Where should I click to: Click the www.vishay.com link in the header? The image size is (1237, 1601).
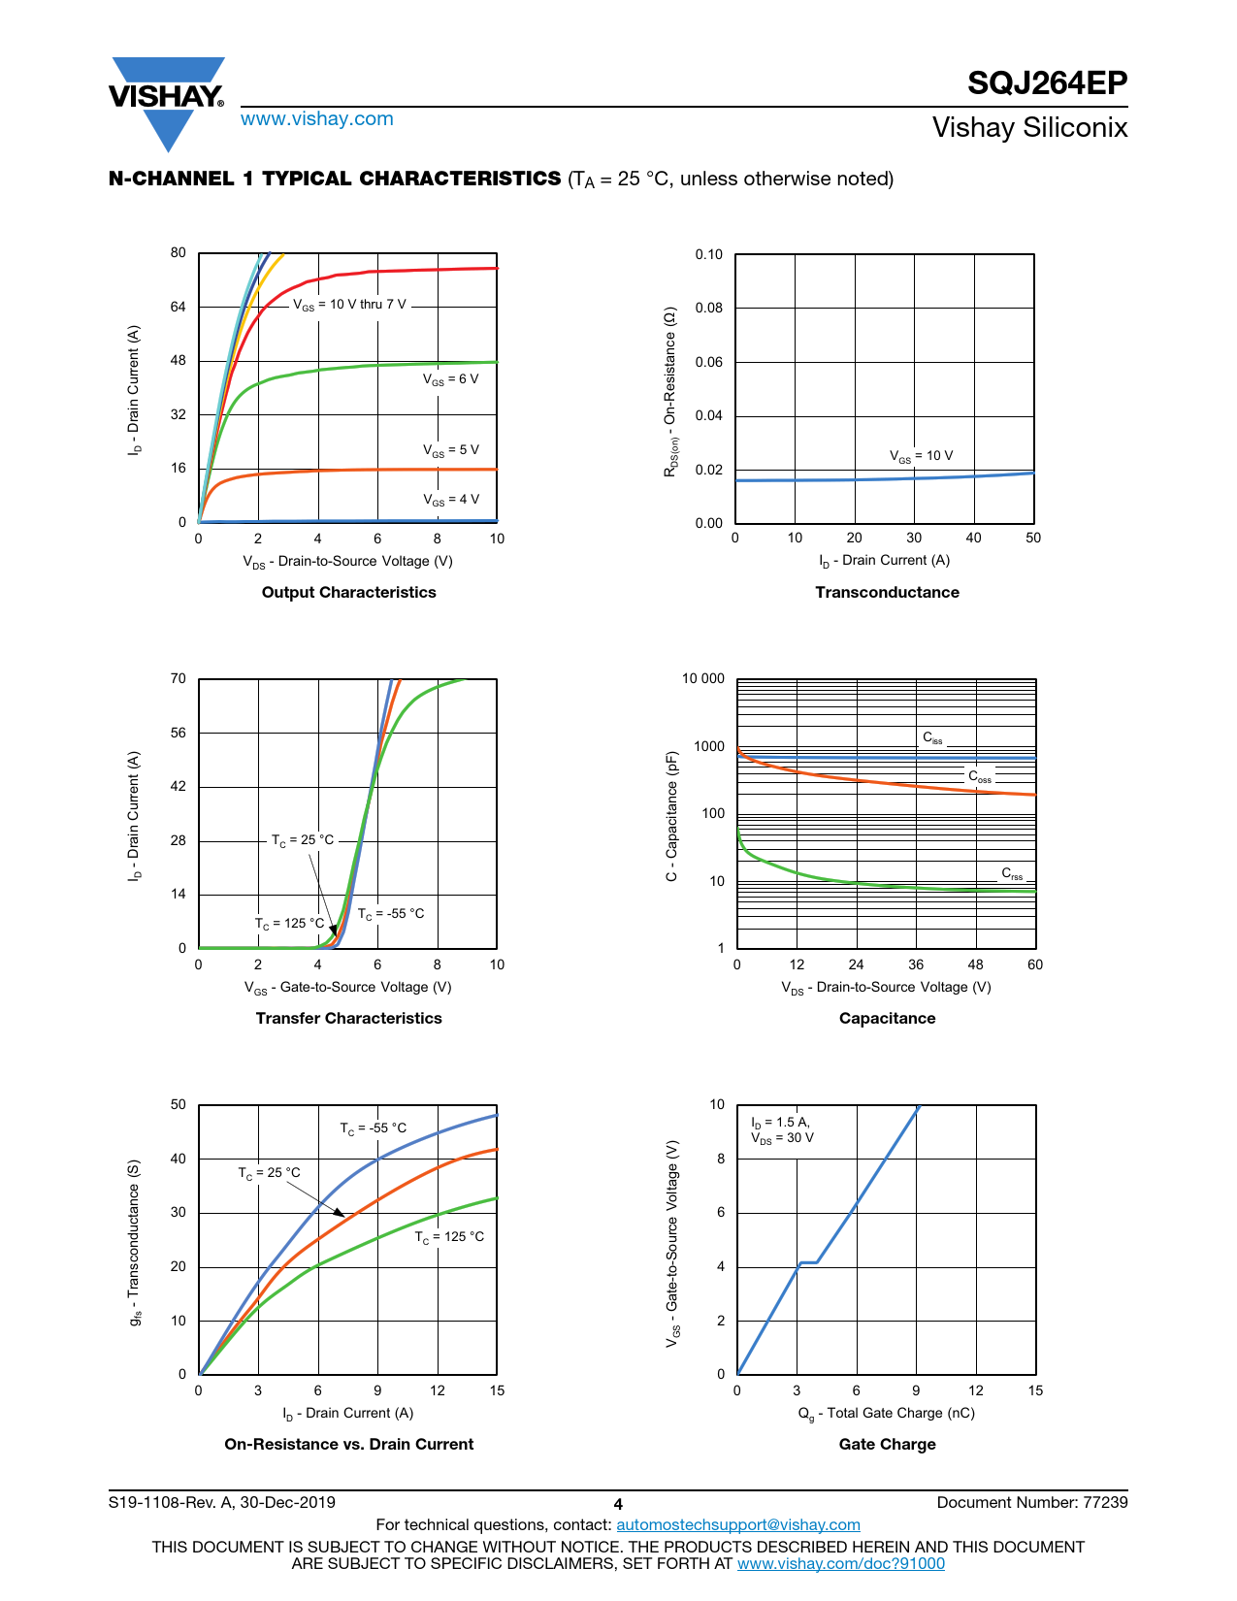(x=317, y=119)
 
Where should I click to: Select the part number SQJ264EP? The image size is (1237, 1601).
(x=1047, y=83)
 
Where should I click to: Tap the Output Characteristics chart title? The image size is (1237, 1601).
(x=348, y=593)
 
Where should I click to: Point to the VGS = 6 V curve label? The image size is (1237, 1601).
(x=451, y=379)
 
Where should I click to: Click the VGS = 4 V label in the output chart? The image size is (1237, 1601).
(x=451, y=500)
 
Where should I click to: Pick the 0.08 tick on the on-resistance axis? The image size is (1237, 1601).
(x=709, y=309)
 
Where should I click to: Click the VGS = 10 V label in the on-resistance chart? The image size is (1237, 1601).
(x=921, y=456)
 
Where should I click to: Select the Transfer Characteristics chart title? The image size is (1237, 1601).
(x=348, y=1019)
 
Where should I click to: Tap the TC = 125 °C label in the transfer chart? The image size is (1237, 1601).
(x=289, y=924)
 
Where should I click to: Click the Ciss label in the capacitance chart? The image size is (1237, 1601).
(x=932, y=738)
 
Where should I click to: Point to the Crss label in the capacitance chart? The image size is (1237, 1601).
(x=1012, y=874)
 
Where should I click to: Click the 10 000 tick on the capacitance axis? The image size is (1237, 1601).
(x=702, y=679)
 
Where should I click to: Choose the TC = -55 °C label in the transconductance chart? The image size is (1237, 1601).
(x=373, y=1128)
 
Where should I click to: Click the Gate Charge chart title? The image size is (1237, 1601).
(x=887, y=1445)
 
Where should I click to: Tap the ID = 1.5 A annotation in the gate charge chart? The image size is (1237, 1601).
(x=780, y=1123)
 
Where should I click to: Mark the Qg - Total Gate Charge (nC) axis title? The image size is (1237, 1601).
(x=886, y=1414)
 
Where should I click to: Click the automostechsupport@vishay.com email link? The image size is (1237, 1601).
(x=738, y=1525)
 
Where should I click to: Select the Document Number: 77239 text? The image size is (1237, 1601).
(x=1031, y=1503)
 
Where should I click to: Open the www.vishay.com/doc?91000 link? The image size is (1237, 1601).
(x=840, y=1563)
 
